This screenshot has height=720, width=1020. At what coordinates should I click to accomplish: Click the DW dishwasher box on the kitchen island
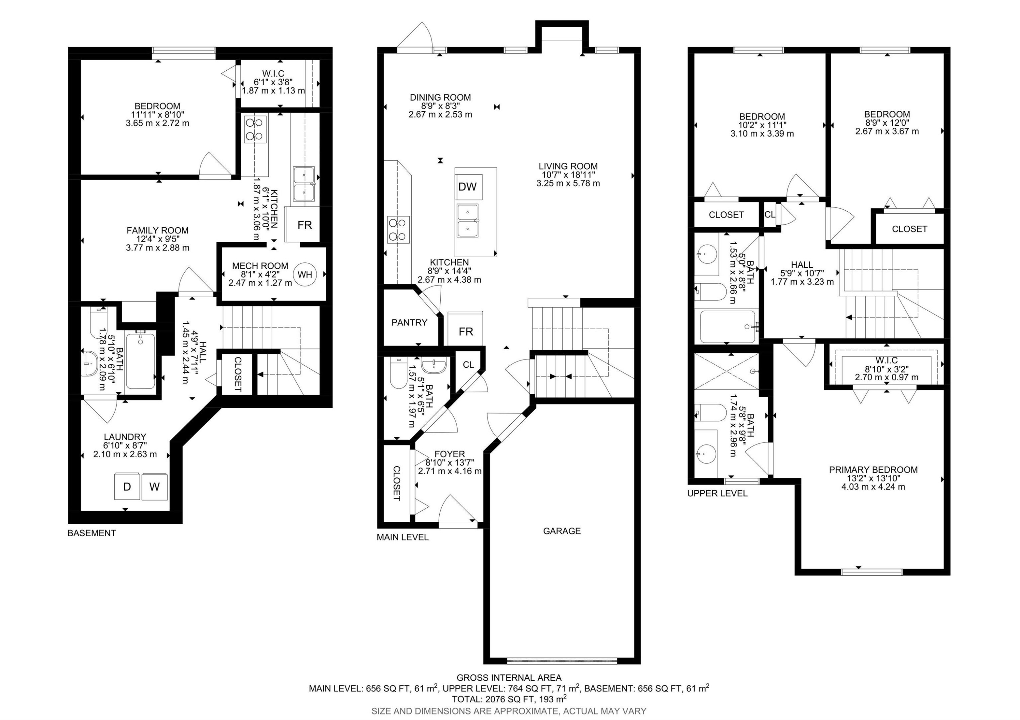[x=468, y=187]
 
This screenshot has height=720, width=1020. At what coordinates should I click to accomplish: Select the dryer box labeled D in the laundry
[x=127, y=487]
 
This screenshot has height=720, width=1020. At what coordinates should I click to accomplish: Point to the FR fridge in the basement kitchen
[x=304, y=225]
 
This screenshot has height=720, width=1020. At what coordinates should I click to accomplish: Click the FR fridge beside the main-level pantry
[x=465, y=331]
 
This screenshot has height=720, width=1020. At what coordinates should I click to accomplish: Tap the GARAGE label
[x=562, y=531]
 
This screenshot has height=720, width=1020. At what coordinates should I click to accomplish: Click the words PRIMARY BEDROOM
[x=873, y=470]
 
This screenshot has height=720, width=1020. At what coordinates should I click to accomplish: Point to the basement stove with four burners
[x=255, y=129]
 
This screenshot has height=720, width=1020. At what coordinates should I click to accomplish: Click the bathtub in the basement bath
[x=140, y=361]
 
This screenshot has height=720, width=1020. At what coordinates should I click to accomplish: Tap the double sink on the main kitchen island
[x=468, y=221]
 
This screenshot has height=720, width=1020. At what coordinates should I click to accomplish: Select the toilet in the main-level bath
[x=395, y=374]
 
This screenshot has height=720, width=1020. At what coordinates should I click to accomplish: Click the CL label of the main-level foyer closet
[x=468, y=365]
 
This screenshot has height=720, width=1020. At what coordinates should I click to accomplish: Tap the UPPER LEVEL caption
[x=717, y=493]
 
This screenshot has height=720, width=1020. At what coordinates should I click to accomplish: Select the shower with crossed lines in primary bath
[x=726, y=371]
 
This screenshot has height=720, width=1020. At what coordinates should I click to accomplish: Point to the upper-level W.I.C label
[x=887, y=361]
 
